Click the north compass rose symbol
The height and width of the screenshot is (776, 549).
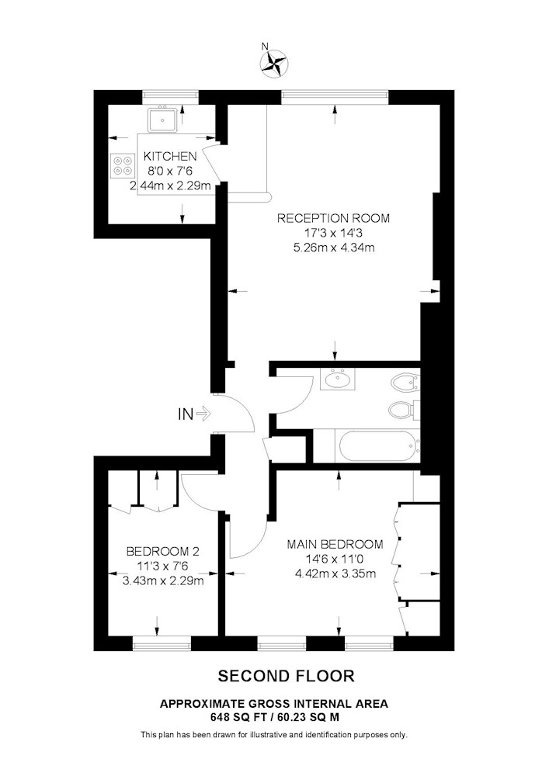(x=274, y=64)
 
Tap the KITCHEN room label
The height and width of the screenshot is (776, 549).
(x=170, y=157)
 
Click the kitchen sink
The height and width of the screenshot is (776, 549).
(x=162, y=120)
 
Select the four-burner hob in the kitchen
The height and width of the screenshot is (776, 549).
(x=123, y=165)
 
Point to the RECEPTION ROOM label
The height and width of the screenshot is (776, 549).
(x=333, y=218)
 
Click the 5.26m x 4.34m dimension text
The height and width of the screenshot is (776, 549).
(x=333, y=248)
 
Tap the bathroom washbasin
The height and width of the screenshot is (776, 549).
(x=337, y=379)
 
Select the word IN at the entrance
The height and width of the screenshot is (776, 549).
(x=186, y=414)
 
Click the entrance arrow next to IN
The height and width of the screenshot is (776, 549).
(x=203, y=414)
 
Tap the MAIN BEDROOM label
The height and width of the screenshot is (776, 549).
(x=335, y=545)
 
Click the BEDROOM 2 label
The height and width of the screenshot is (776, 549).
(x=163, y=551)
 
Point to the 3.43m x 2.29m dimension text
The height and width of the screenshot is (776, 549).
(x=163, y=580)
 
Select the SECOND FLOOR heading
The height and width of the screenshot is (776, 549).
(x=286, y=676)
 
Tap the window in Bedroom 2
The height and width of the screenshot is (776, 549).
(x=162, y=643)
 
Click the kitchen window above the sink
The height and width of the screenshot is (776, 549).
(x=170, y=97)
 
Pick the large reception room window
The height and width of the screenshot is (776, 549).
(x=335, y=97)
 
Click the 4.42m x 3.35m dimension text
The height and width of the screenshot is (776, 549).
(x=335, y=574)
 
